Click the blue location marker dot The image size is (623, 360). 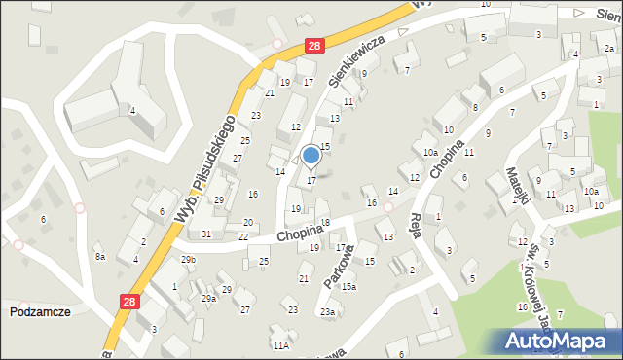(311, 155)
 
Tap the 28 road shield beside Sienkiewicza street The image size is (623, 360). (312, 46)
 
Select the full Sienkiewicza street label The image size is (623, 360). (364, 56)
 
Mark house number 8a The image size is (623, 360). (99, 257)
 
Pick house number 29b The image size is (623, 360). (188, 260)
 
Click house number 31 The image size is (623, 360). (205, 234)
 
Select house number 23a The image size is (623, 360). (328, 312)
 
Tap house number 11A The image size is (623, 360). (280, 345)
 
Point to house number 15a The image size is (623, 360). (348, 286)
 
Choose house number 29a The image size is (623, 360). (208, 299)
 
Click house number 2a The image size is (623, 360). (609, 48)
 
